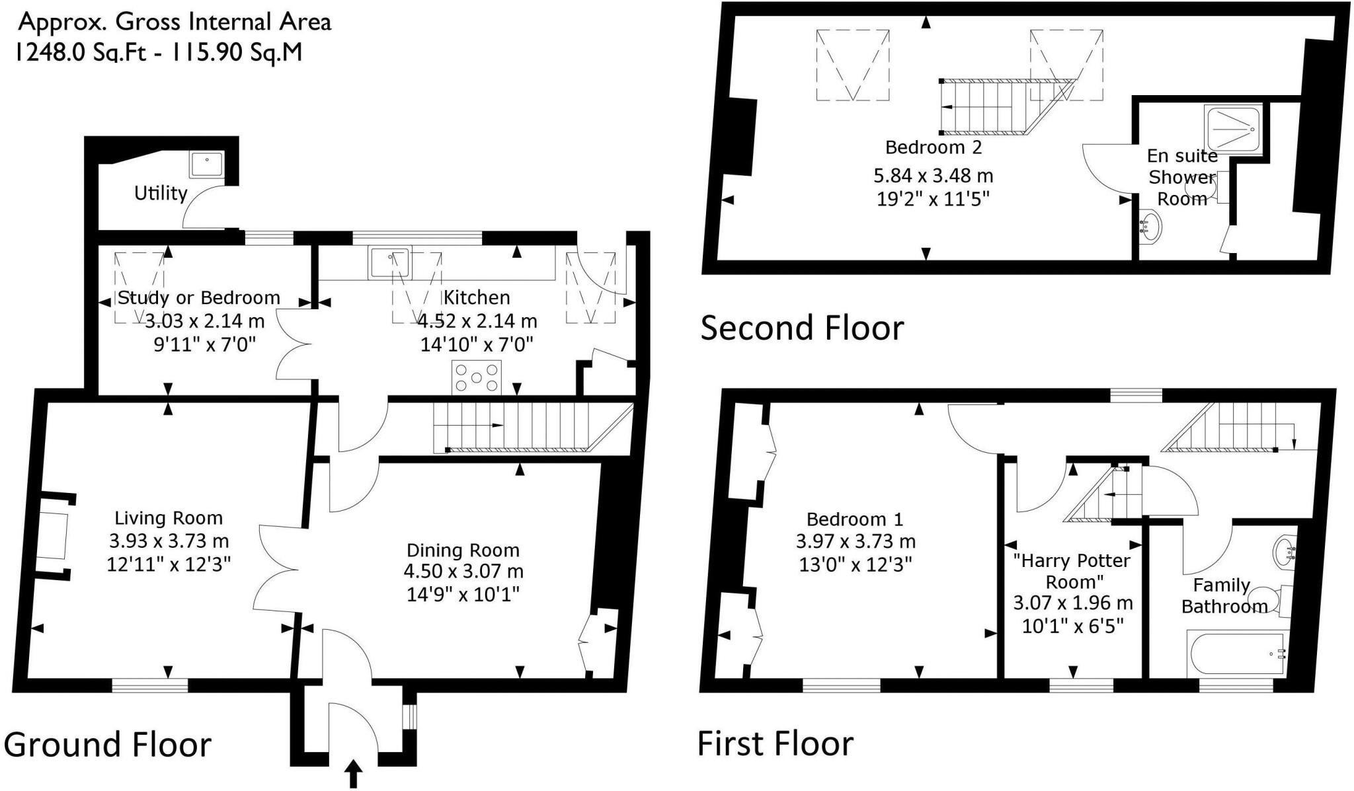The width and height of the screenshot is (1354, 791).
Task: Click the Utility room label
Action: coord(161,193)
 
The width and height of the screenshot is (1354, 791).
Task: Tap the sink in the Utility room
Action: coord(207,165)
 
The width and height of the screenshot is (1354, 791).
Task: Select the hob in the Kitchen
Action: coord(476,378)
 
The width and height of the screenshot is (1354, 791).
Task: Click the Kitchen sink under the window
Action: coord(390,262)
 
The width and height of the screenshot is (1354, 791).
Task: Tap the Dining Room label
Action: coord(463,550)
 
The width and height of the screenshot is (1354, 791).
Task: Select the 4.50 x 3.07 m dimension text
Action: coord(463,571)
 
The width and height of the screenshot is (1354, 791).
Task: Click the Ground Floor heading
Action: coord(108,745)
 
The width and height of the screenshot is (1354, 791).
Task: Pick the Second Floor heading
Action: coord(802,328)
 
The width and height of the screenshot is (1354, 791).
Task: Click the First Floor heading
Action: coord(776,743)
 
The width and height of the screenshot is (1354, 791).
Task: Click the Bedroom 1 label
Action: coord(855,519)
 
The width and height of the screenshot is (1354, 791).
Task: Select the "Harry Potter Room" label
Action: coord(1072,571)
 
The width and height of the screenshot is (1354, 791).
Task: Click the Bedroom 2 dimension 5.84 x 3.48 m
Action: coord(934,176)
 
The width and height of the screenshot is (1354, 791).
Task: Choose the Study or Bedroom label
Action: coord(198,298)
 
